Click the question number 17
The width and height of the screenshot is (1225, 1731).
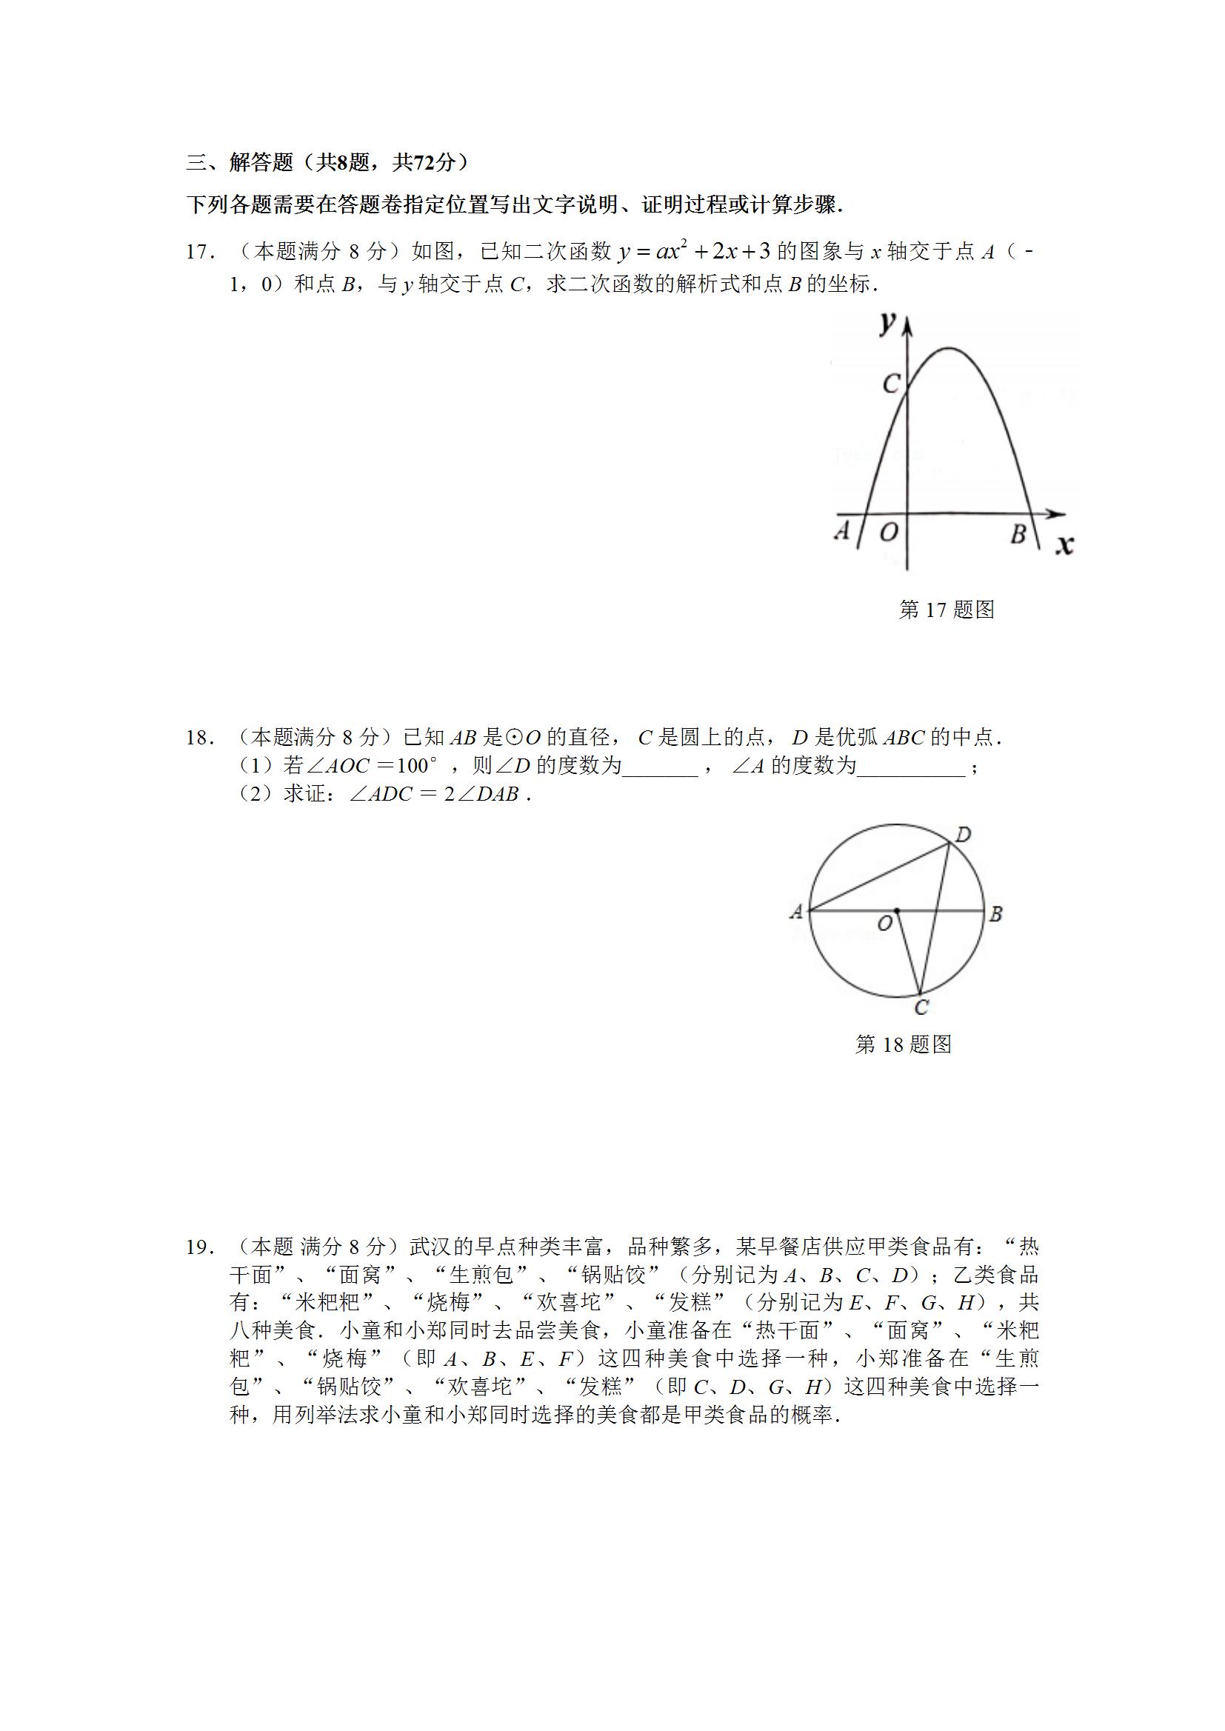click(200, 253)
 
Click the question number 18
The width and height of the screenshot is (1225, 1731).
click(200, 738)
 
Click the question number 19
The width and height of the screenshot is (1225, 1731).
click(200, 1248)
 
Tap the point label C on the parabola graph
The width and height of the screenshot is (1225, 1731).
click(891, 384)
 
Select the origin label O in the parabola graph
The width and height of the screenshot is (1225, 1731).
click(889, 533)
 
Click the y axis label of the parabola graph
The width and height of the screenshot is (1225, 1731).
click(888, 324)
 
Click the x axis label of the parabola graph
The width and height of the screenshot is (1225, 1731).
click(1064, 544)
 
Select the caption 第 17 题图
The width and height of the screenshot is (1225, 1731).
click(947, 610)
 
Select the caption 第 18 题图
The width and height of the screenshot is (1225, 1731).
click(904, 1044)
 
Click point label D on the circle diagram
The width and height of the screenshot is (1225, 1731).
click(964, 835)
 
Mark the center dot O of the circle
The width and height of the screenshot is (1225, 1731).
click(896, 911)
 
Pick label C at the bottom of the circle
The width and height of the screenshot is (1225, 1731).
click(921, 1007)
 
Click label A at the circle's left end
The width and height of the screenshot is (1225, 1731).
click(795, 913)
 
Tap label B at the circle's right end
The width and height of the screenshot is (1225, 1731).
click(995, 914)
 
